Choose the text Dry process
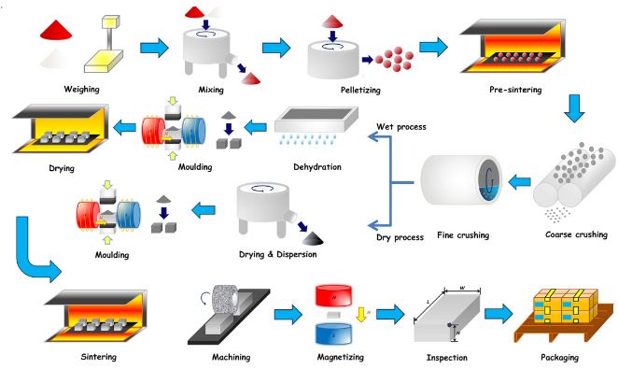[400, 236]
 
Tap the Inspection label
[449, 357]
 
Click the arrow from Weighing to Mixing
[157, 46]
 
